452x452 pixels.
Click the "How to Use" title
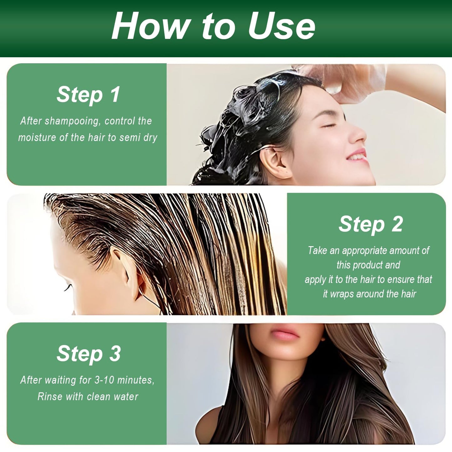coord(213,26)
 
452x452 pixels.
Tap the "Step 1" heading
coord(88,94)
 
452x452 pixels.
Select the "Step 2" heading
coord(371,224)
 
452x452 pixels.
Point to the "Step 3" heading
coord(89,353)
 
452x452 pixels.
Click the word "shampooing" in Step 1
coord(72,121)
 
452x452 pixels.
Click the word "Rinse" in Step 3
coord(47,397)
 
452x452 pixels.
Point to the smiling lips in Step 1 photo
coord(357,155)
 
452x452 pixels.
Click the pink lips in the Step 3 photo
coord(285,333)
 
